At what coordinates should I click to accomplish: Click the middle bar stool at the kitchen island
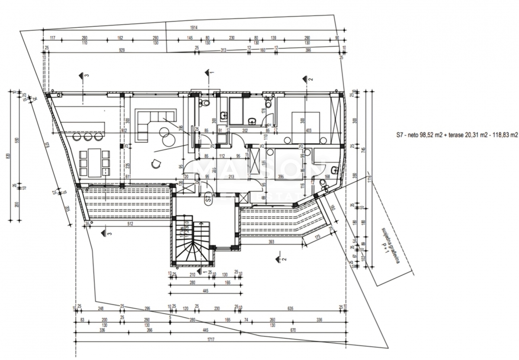(88, 136)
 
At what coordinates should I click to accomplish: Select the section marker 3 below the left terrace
(106, 234)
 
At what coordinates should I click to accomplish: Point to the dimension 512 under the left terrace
(130, 224)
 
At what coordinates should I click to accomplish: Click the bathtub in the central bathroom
(236, 112)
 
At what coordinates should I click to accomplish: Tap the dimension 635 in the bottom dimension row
(290, 309)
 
